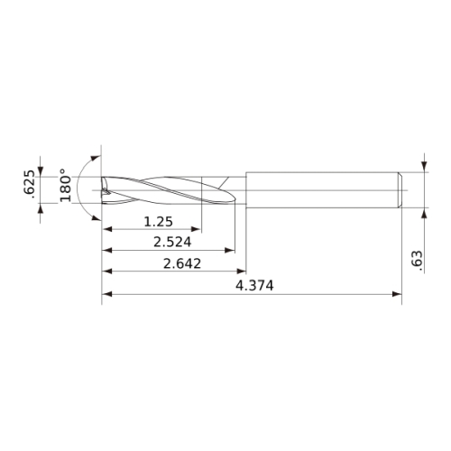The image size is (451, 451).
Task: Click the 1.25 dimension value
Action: click(159, 222)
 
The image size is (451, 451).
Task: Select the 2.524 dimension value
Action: click(172, 242)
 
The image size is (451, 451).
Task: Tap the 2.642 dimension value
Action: click(182, 263)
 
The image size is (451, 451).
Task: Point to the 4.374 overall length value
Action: click(254, 286)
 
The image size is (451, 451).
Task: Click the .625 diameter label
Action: click(32, 184)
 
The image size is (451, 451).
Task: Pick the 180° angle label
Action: click(65, 185)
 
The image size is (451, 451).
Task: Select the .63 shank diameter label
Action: click(417, 258)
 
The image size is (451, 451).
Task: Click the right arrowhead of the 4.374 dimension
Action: click(397, 294)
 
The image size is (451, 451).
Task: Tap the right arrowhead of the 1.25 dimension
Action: click(196, 229)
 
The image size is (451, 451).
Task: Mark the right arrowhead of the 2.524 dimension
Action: click(230, 250)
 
